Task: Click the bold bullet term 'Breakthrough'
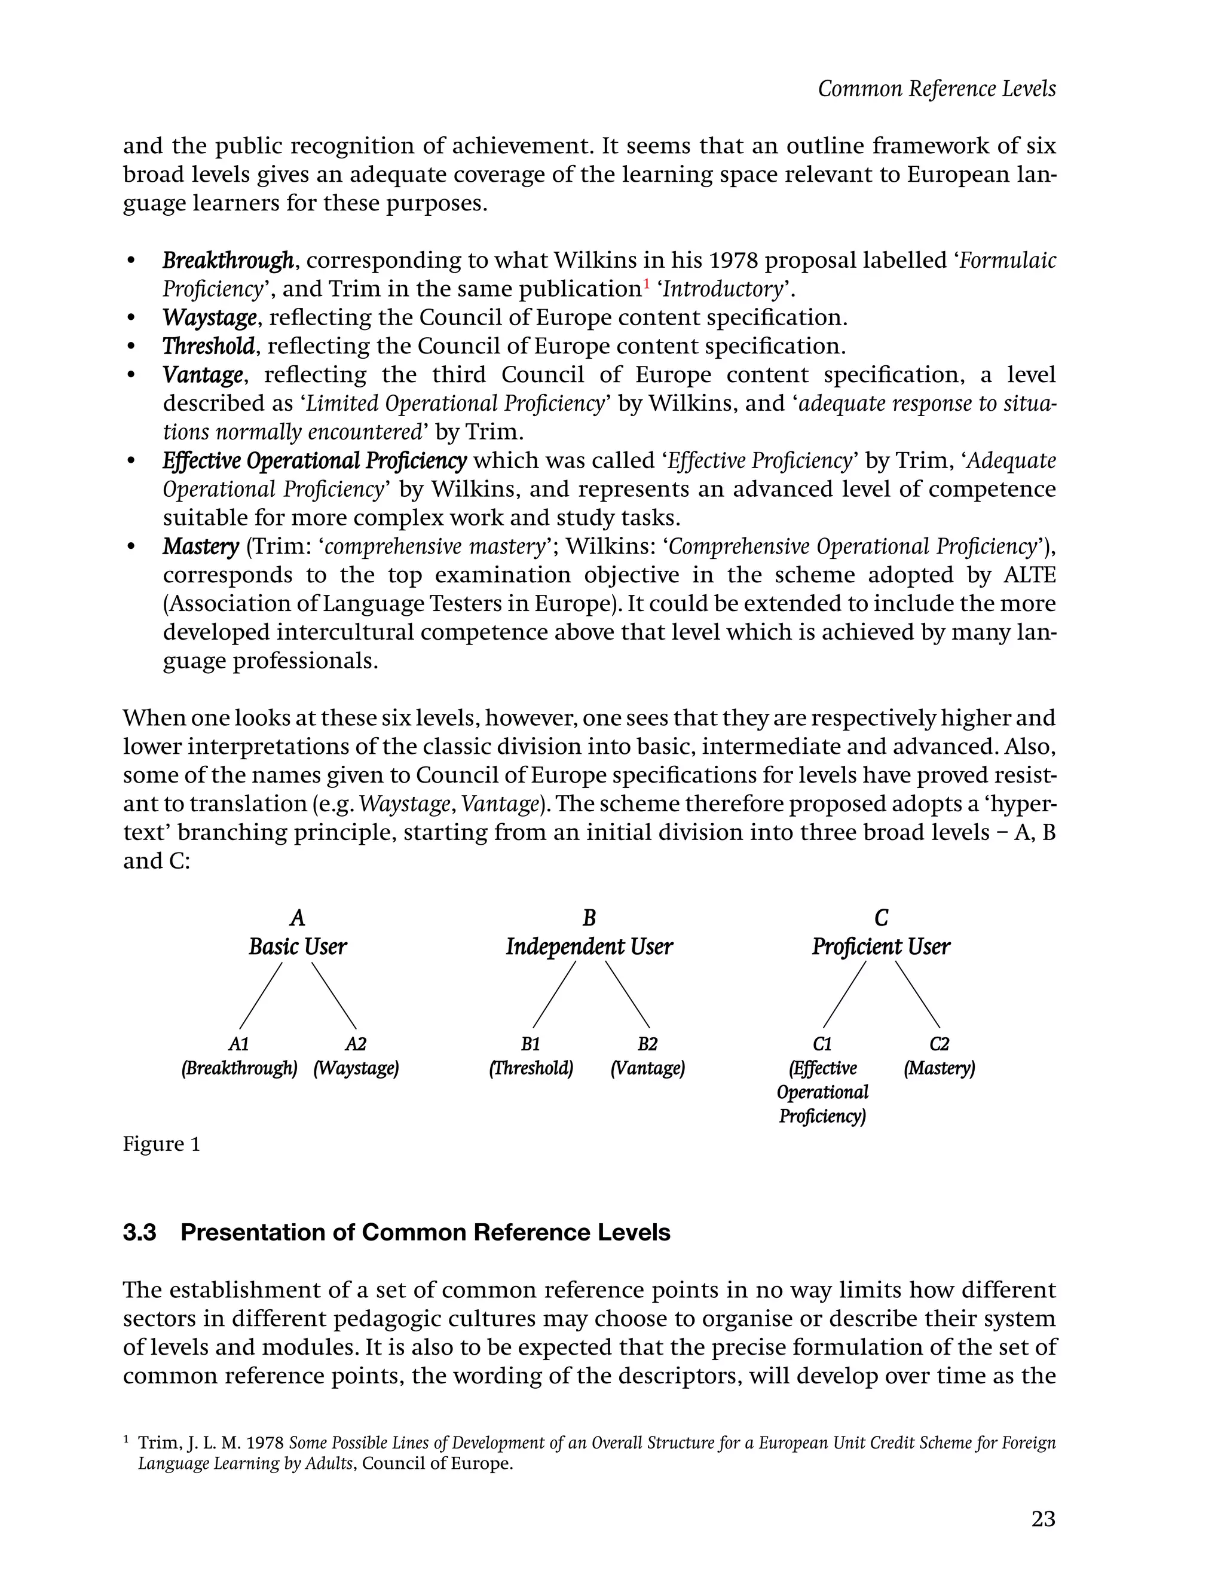tap(227, 260)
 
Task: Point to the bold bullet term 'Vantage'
tap(202, 374)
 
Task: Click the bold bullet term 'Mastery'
tap(200, 546)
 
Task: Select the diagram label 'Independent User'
tap(589, 946)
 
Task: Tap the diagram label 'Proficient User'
tap(881, 946)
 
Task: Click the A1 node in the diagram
tap(239, 1044)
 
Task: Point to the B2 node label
tap(647, 1044)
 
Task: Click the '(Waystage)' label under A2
tap(356, 1069)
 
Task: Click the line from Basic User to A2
tap(333, 995)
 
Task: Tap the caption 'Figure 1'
tap(161, 1144)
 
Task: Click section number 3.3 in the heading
tap(140, 1232)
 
